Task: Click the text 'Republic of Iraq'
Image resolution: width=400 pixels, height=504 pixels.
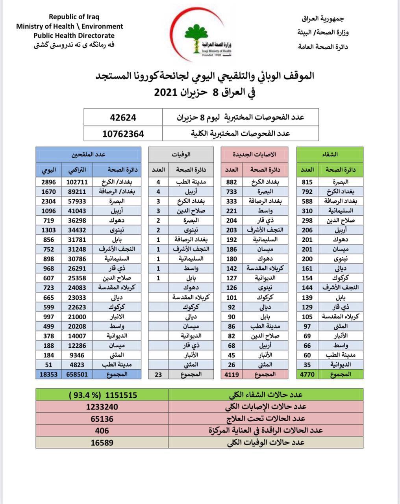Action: point(74,17)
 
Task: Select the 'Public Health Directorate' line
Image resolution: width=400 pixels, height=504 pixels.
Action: point(74,36)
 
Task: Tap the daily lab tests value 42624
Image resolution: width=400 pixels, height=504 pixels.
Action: point(123,117)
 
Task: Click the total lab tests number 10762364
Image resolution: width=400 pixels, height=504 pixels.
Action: point(123,133)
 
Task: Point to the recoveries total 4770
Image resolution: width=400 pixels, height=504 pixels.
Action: point(307,374)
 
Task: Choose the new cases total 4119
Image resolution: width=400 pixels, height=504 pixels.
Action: point(231,374)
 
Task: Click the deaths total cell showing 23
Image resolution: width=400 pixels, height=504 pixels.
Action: point(158,374)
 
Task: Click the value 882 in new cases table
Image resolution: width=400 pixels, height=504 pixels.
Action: point(231,182)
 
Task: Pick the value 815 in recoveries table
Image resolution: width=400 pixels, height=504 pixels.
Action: point(307,182)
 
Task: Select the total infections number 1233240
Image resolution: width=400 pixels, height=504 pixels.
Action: point(102,407)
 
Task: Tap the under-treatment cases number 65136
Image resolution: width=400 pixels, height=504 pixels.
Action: point(102,419)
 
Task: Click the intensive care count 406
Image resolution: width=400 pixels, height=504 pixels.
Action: point(102,430)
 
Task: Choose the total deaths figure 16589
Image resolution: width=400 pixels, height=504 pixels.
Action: point(102,443)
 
